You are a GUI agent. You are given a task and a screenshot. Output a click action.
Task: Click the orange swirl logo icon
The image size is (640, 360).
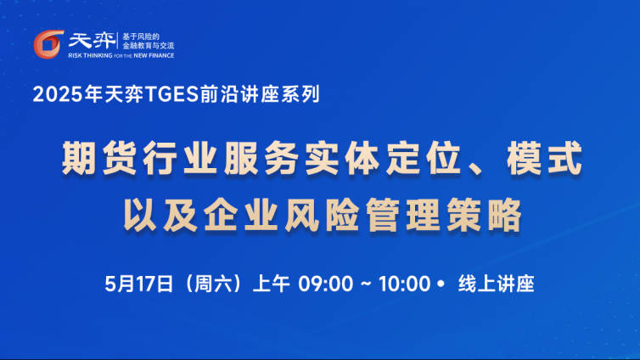(x=48, y=44)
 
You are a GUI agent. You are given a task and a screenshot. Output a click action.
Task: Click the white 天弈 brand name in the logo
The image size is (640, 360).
(x=92, y=41)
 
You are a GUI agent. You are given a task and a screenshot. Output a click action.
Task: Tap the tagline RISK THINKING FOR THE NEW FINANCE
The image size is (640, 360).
(x=121, y=55)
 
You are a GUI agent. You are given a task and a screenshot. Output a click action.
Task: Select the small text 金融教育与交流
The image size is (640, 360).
(x=149, y=46)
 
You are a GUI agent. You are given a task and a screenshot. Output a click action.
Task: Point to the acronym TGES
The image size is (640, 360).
(x=171, y=94)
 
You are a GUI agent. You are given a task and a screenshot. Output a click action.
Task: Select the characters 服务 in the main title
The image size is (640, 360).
(x=261, y=159)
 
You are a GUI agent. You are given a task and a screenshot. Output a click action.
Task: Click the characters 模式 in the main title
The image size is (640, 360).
(x=544, y=159)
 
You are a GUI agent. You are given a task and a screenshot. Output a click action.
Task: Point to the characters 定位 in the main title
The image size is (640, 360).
(x=424, y=159)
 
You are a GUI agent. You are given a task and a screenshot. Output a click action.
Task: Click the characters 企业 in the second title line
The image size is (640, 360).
(x=241, y=215)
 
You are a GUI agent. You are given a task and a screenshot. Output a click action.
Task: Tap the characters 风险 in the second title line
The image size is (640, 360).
(x=322, y=215)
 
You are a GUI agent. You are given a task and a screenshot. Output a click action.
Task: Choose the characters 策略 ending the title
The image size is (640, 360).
(x=485, y=215)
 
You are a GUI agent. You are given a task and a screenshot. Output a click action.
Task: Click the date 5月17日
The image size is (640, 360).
(x=139, y=284)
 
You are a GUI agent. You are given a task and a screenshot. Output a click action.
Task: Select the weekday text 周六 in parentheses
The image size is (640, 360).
(x=213, y=284)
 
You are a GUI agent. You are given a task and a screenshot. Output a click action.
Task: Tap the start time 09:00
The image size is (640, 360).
(x=325, y=284)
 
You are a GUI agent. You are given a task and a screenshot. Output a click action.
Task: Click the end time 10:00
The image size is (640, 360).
(x=405, y=284)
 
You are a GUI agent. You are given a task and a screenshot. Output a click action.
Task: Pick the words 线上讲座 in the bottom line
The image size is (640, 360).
(x=497, y=284)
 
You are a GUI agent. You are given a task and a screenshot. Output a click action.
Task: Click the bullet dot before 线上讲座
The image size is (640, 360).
(x=441, y=283)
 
